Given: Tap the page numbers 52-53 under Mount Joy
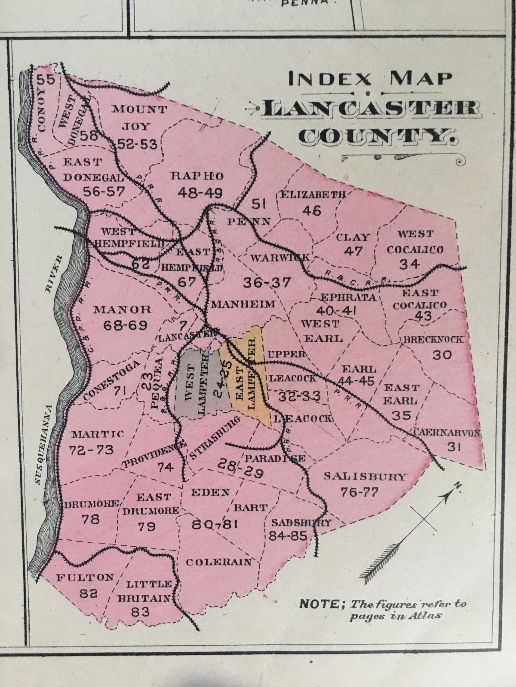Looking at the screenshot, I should click(x=135, y=143).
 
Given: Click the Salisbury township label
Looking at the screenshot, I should click(x=365, y=476).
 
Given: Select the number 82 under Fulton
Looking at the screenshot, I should click(x=88, y=594).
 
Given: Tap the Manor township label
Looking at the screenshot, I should click(x=123, y=309).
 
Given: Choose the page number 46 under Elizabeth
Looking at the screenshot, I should click(x=312, y=210).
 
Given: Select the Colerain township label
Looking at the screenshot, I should click(x=218, y=562).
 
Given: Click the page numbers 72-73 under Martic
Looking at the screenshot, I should click(x=91, y=450).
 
